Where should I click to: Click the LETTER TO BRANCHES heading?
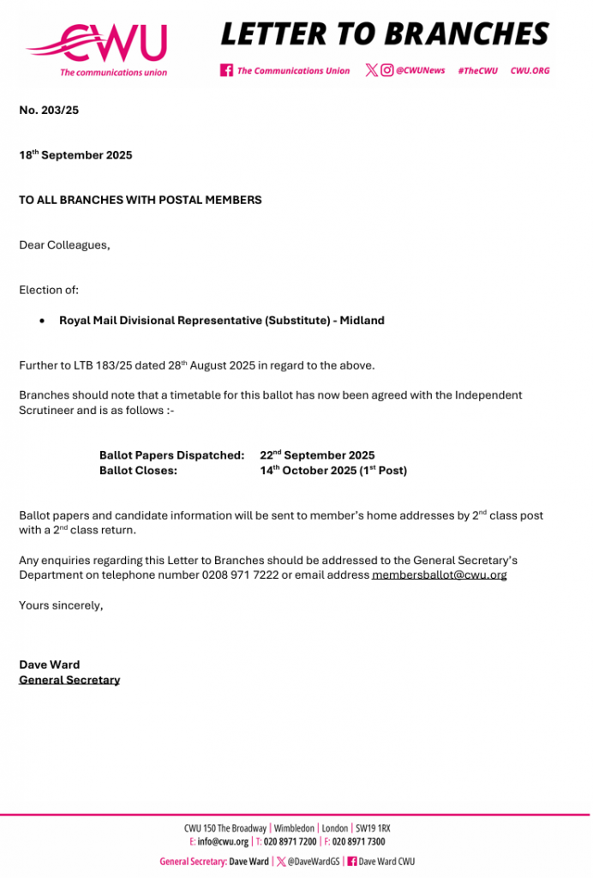[385, 33]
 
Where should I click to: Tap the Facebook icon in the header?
[226, 70]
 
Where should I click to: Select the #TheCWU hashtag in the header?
[477, 70]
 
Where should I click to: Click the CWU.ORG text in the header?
[530, 70]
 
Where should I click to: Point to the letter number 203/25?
[49, 111]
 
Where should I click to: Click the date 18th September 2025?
[75, 156]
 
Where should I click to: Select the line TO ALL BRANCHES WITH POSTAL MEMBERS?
[141, 200]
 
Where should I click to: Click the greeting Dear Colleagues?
[64, 245]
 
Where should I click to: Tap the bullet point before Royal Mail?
[43, 321]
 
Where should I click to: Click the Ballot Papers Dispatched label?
[172, 455]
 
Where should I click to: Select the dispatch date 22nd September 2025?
[317, 455]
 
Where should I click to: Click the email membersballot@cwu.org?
[439, 575]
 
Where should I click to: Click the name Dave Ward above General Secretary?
[49, 665]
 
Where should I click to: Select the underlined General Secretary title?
[69, 680]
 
